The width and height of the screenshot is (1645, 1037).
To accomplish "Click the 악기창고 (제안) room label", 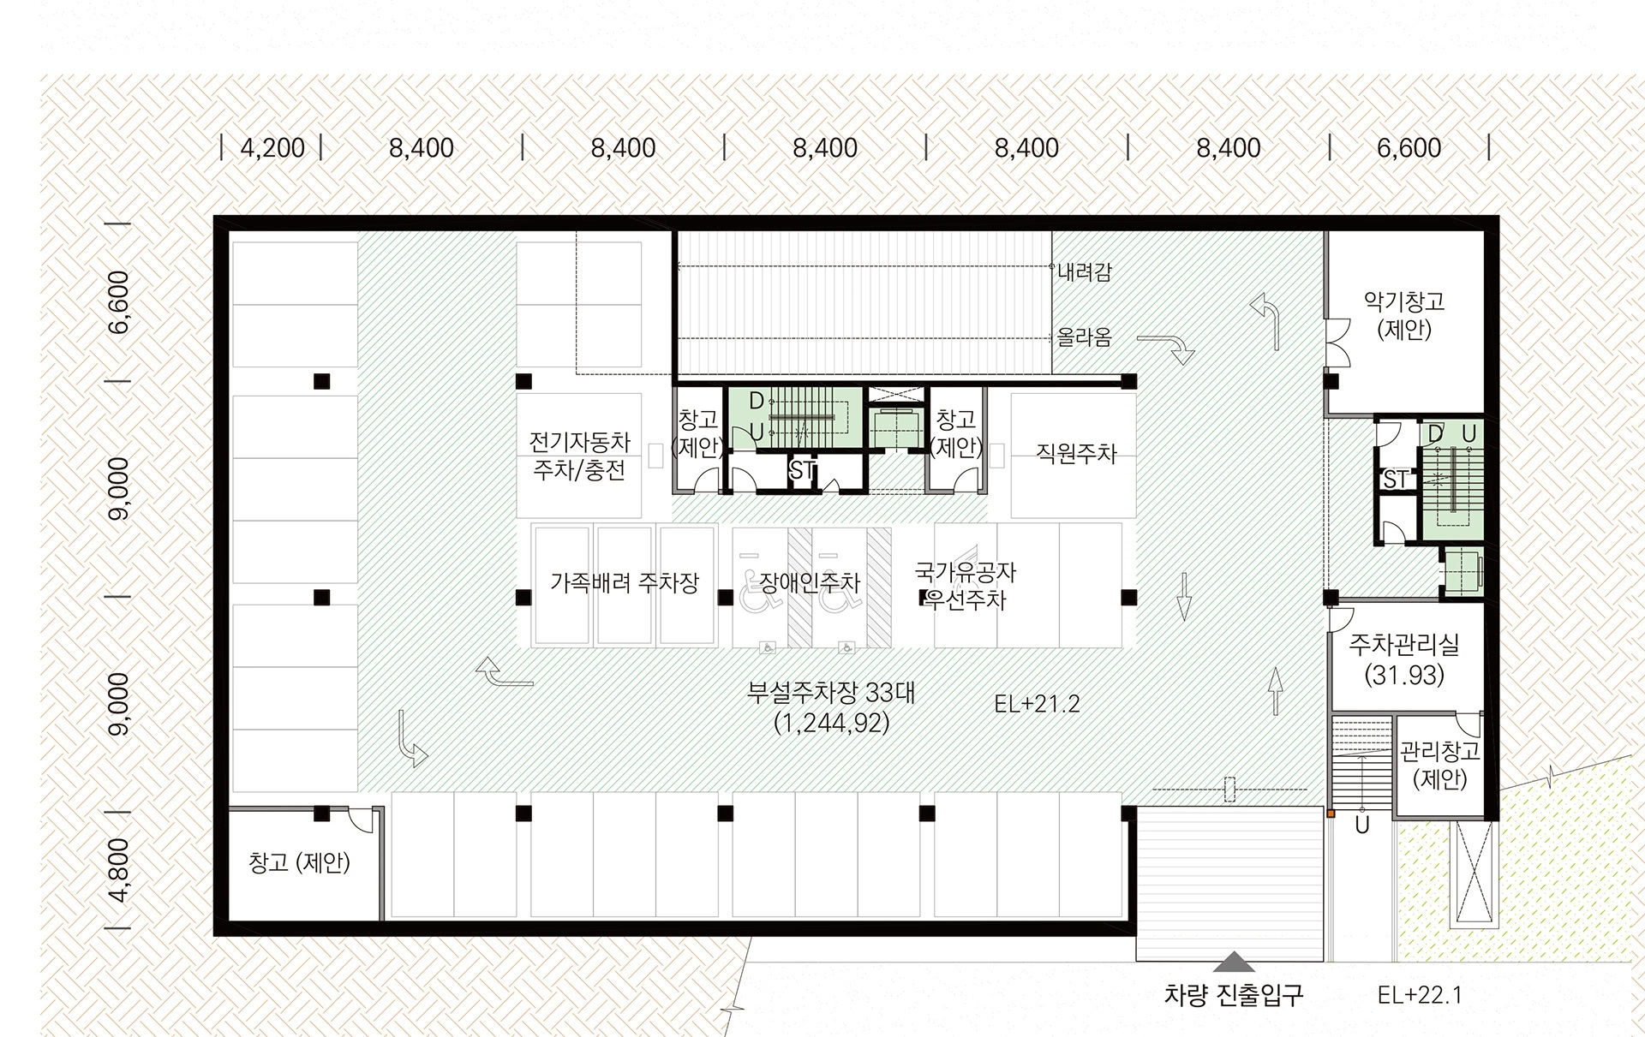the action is click(x=1404, y=315).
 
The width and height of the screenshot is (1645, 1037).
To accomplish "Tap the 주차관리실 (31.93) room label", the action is click(x=1404, y=660).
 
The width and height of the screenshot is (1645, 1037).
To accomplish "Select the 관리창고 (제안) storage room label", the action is click(x=1439, y=766).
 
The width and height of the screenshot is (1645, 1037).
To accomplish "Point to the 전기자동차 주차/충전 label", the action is click(x=579, y=456).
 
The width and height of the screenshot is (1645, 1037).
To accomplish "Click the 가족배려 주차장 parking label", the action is click(x=625, y=583).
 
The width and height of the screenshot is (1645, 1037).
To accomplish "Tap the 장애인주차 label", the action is click(x=810, y=583).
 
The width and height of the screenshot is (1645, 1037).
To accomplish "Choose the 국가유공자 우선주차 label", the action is click(x=966, y=586).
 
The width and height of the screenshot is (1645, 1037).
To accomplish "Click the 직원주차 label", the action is click(x=1076, y=453).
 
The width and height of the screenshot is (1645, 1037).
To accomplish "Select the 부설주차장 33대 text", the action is click(x=831, y=692).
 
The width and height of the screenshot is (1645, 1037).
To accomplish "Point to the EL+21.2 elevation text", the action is click(x=1037, y=704).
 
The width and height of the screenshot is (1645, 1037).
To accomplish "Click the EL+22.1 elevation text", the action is click(x=1420, y=995).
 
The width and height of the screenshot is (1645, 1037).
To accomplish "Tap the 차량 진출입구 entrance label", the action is click(x=1233, y=995).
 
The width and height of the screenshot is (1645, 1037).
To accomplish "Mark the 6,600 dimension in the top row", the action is click(x=1409, y=148).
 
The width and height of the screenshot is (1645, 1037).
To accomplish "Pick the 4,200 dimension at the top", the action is click(x=272, y=148).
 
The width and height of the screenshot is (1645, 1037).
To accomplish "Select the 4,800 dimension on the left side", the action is click(x=119, y=870).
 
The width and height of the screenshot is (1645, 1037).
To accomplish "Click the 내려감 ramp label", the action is click(x=1084, y=272).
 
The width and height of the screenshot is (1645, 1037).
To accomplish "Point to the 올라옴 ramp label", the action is click(x=1084, y=337).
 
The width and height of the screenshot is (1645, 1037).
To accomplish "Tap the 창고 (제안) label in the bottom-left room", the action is click(x=299, y=862).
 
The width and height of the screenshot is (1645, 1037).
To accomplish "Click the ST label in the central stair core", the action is click(x=802, y=469).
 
